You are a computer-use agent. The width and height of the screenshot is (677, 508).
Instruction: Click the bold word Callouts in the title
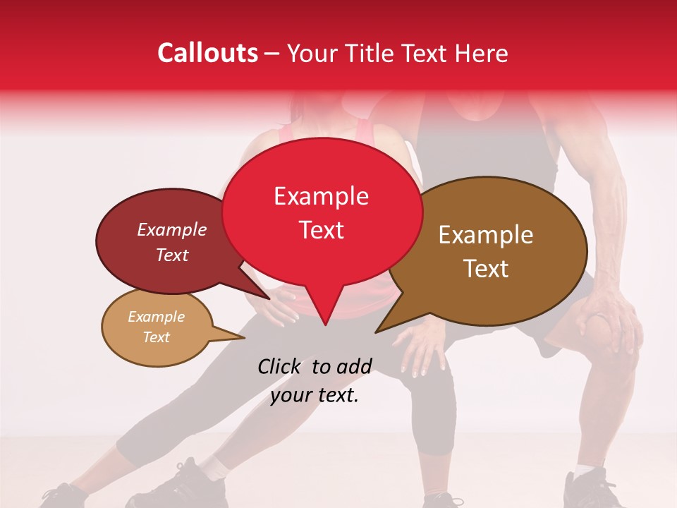[207, 53]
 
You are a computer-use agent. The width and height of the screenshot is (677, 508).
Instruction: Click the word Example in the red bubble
[321, 196]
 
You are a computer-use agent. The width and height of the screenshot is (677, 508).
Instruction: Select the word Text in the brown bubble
[487, 268]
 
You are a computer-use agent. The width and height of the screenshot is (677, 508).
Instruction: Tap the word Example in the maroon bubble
[171, 229]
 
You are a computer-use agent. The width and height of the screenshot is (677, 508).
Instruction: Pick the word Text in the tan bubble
[156, 337]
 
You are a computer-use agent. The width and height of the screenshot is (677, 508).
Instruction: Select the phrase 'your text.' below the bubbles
[315, 395]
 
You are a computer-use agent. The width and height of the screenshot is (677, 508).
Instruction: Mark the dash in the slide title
[272, 54]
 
